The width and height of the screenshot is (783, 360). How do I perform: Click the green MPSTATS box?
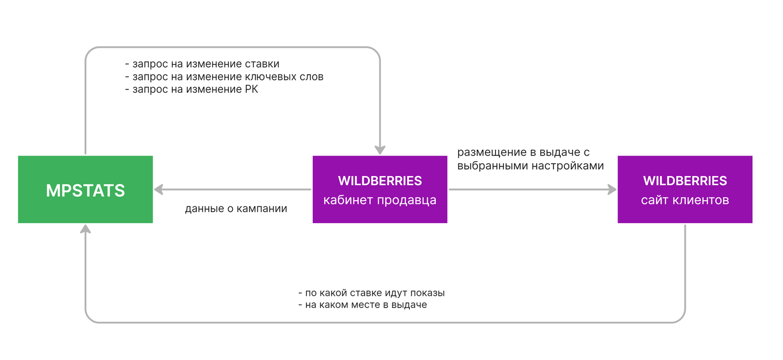(x=85, y=190)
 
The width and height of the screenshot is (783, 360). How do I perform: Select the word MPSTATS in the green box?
(x=85, y=191)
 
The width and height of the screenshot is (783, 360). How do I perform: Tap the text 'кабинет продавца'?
(x=380, y=200)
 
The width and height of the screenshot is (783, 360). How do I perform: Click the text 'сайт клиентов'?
(x=685, y=200)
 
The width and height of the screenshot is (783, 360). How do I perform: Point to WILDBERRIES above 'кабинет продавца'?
(x=380, y=181)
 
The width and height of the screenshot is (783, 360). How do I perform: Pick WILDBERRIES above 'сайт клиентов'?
(x=685, y=181)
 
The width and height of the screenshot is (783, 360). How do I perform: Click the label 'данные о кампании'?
(x=236, y=209)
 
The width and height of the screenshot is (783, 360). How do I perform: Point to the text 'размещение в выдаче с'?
(x=523, y=153)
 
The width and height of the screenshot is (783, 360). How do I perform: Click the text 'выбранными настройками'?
(x=530, y=165)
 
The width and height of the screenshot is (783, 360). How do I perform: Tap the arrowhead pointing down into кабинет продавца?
(x=380, y=150)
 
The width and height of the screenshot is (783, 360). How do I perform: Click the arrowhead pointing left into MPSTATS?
(x=159, y=190)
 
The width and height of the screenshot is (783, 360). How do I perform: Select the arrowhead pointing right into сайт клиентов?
(x=612, y=190)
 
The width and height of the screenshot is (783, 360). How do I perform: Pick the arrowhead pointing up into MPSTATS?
(x=85, y=229)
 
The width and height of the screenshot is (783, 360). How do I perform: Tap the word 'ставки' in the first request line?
(x=262, y=64)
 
